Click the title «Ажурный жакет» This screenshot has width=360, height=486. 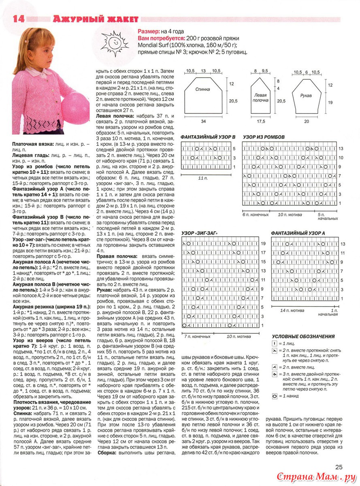click(95, 19)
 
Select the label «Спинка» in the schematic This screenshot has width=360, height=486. click(202, 90)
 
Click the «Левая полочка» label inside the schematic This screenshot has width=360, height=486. click(261, 98)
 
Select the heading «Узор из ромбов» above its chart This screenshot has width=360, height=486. click(264, 137)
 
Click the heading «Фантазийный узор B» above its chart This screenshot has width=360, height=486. click(208, 137)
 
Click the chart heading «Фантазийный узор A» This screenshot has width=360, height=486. click(298, 234)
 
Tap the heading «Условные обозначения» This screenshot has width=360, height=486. click(303, 336)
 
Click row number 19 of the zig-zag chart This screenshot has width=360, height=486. click(263, 244)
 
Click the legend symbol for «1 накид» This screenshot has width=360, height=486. click(275, 396)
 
